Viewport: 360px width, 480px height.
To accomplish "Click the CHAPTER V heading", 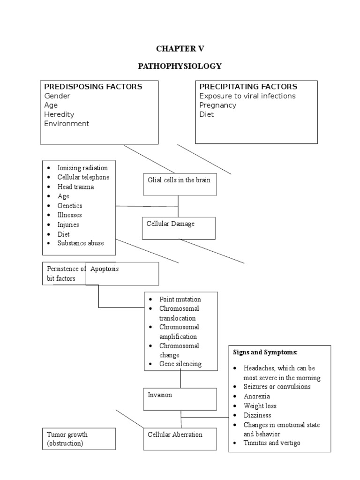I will [x=180, y=49].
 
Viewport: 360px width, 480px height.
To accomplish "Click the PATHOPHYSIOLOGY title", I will [x=180, y=66].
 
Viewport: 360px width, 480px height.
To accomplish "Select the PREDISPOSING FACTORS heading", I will [x=93, y=87].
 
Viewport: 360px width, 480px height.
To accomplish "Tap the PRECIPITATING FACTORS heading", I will [x=248, y=87].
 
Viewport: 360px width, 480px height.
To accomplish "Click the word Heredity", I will [x=59, y=114].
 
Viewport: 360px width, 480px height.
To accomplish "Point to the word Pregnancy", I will [x=217, y=105].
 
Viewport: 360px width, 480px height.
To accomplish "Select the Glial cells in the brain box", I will [x=180, y=184].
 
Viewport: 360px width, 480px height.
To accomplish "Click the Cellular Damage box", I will [x=179, y=228].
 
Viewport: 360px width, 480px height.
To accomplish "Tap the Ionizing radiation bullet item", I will [x=82, y=168].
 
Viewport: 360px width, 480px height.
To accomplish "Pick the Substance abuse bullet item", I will [x=81, y=243].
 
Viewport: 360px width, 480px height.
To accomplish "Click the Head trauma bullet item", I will [x=75, y=187].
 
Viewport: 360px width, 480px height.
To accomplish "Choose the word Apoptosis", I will [x=105, y=269].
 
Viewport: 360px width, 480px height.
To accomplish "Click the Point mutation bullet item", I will [x=180, y=299].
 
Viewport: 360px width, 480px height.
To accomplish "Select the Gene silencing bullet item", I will [x=180, y=364].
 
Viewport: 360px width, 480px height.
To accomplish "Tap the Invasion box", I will [x=180, y=399].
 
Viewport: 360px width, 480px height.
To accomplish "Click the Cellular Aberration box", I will [x=180, y=439].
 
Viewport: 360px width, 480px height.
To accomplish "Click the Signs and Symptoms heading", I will [x=265, y=352].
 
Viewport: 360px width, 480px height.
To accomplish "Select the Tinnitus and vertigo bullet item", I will [x=272, y=443].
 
